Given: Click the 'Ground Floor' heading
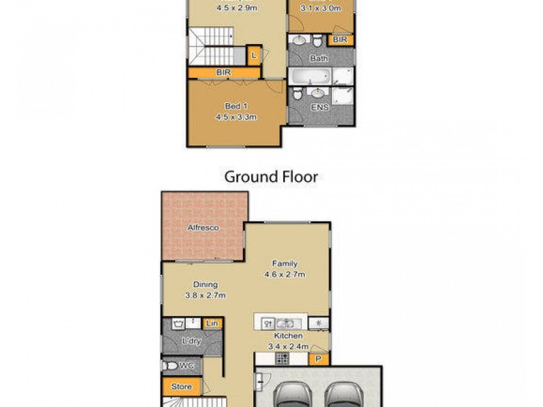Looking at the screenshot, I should point(271,178).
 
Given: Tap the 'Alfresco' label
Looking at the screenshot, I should point(203,228).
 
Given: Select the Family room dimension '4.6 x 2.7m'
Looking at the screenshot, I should point(284,275).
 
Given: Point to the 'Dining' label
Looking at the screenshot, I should point(204,285).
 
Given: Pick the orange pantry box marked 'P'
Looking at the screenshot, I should point(317,359).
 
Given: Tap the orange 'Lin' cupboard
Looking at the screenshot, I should point(212,324).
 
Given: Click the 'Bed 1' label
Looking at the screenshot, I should point(233,106).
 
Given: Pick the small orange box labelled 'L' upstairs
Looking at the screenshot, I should point(253,55).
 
